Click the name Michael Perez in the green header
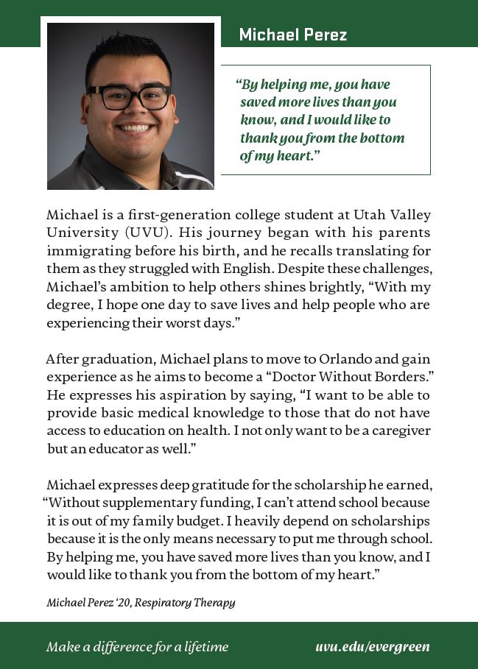coord(292,35)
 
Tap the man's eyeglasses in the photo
coord(130,97)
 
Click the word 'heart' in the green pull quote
coord(297,155)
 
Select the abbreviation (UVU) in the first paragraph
coord(141,232)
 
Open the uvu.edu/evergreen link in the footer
coord(372,647)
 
